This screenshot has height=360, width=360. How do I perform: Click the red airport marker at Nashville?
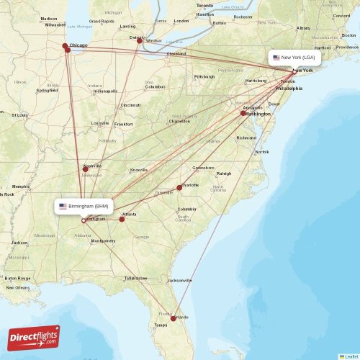tap(85, 169)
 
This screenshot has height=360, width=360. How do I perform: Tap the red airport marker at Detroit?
tap(140, 41)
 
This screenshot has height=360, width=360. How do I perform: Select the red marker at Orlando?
tap(173, 318)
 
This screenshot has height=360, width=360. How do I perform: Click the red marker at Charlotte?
tap(179, 187)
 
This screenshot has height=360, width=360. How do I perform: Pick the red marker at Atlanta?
tap(122, 219)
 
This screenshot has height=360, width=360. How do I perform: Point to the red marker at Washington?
tap(243, 113)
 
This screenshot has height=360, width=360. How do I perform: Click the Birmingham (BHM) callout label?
tap(84, 207)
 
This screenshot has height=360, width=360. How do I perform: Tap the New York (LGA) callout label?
tap(294, 58)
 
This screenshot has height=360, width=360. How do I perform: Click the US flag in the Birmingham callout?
tap(63, 207)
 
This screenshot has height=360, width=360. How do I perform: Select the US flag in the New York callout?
tap(276, 58)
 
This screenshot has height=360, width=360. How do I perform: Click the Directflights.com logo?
tap(35, 337)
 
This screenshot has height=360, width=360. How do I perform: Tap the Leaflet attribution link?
tap(349, 356)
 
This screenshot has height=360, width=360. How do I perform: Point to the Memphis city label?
tap(21, 186)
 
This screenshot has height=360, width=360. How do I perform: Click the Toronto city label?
tap(204, 5)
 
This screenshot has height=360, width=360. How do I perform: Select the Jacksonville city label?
tap(179, 279)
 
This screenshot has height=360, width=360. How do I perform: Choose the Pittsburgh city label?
tap(204, 76)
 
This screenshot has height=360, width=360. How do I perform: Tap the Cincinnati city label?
tap(130, 105)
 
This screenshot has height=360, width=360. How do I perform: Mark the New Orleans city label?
tap(19, 287)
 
